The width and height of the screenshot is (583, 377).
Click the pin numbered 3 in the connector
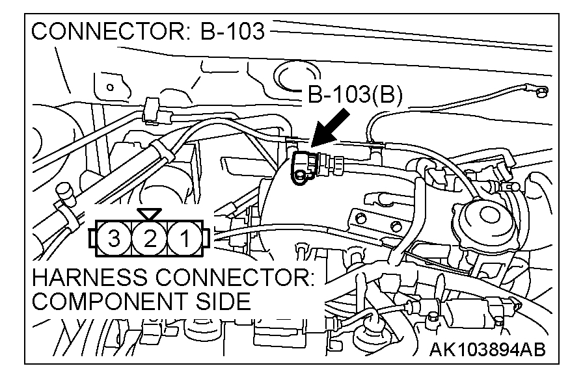[115, 239]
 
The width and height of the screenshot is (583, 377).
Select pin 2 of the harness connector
[150, 239]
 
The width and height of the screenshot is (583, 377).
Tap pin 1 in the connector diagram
[186, 239]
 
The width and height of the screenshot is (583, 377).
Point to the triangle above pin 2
[150, 214]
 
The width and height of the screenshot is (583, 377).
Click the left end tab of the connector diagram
[92, 239]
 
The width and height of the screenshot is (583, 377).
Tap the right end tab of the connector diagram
[208, 239]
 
